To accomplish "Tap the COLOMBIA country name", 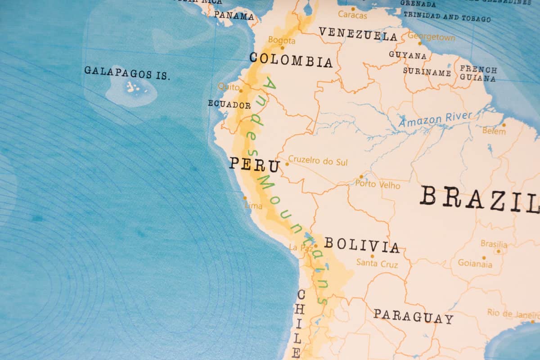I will tap(291, 60).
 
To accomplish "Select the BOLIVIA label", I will tap(362, 245).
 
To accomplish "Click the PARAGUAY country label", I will tap(413, 316).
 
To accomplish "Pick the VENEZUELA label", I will tap(358, 34).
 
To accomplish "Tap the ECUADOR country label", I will tap(229, 105).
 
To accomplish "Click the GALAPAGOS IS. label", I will tap(127, 72).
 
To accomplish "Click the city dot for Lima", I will tap(245, 198).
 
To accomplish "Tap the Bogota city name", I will tap(282, 40).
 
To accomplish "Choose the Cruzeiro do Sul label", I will tap(318, 161).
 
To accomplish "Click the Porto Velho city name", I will tap(377, 184).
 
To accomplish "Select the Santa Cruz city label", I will tap(377, 264).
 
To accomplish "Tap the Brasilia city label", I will tap(494, 244).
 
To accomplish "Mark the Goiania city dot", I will tap(484, 258).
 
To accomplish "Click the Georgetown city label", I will tap(431, 37).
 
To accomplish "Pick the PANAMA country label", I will tap(234, 16).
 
